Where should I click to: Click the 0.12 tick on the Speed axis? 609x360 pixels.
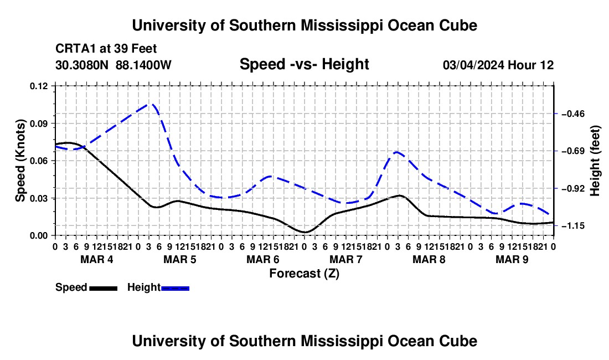click(38, 86)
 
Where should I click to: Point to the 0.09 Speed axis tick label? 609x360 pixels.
click(38, 124)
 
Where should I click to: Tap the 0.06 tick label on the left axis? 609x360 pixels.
click(38, 161)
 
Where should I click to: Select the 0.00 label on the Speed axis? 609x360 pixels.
click(38, 236)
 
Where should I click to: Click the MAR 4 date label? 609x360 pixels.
click(97, 259)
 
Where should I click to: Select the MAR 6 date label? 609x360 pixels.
click(263, 259)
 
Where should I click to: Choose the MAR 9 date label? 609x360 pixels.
click(512, 259)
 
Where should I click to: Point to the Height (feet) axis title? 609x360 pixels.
click(595, 161)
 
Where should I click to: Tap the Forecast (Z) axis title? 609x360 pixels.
click(304, 274)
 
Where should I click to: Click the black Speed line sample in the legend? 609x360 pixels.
click(104, 288)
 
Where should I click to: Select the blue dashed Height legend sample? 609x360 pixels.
click(175, 288)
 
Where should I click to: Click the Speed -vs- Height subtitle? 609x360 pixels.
click(304, 64)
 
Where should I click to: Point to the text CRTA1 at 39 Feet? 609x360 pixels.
click(106, 49)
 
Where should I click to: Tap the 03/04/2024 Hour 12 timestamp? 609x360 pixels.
click(498, 65)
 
